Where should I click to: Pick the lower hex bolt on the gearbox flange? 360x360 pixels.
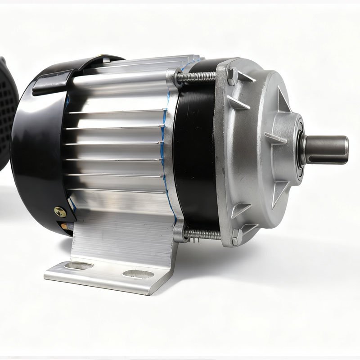(235, 234)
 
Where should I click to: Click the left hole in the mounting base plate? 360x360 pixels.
(82, 265)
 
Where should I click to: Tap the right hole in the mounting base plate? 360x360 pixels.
(134, 273)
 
